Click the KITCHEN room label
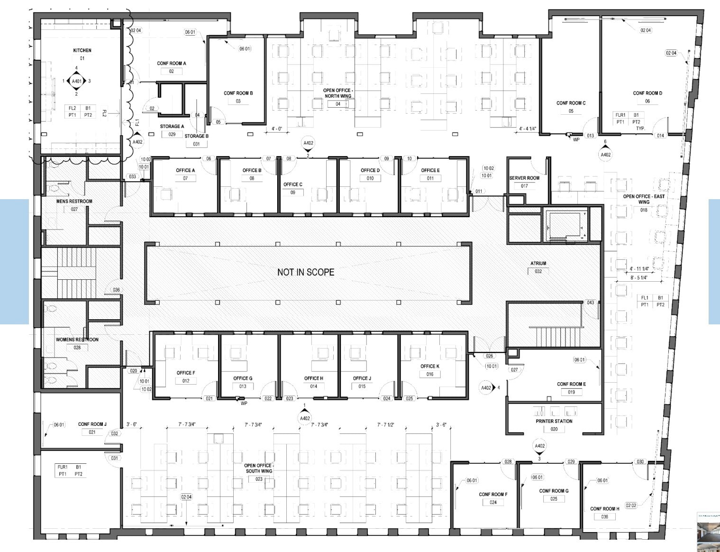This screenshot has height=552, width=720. point(82,50)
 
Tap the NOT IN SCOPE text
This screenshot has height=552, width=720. point(306,272)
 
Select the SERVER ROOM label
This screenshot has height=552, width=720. point(524,178)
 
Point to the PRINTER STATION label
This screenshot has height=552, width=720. point(554,421)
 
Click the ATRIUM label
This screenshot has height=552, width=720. point(538,263)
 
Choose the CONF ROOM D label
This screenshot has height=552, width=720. point(647,93)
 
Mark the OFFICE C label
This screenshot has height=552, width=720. point(293,184)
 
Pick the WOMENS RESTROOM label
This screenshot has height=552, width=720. point(77,340)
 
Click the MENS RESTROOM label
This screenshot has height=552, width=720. point(74,201)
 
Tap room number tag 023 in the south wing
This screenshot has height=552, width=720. point(259,479)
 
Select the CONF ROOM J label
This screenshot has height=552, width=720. point(92,424)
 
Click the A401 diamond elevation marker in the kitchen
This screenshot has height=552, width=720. point(76,81)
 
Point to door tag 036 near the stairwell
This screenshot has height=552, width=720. point(116,290)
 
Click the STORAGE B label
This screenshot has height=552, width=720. point(196,136)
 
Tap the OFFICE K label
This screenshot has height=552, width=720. point(430,366)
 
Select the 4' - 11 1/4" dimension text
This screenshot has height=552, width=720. point(639,269)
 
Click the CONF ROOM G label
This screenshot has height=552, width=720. point(554,491)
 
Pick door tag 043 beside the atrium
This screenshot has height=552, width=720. point(590,303)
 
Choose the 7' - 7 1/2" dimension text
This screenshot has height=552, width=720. point(385,425)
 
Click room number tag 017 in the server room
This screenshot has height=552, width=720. point(524,186)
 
